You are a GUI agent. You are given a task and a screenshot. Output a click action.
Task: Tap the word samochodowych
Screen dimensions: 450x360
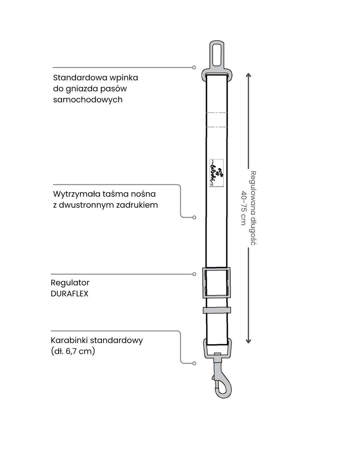pos(88,100)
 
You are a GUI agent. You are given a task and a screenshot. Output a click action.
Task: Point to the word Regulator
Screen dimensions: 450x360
pos(70,283)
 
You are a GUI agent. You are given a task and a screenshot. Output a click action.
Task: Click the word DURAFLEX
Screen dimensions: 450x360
pos(69,294)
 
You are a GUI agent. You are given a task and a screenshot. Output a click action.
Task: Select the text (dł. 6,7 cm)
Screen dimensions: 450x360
pos(73,351)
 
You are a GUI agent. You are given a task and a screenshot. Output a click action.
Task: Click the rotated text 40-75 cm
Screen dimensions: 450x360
pos(244,208)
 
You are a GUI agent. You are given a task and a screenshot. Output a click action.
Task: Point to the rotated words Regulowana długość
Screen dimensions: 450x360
pos(253,208)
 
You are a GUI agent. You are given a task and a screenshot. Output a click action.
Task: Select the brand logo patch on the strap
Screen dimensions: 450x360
pos(216,173)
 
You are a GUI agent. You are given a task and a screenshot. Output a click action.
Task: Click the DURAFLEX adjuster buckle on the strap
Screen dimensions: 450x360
pos(216,282)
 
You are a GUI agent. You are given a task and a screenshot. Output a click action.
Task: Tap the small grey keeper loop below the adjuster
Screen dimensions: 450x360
pos(217,310)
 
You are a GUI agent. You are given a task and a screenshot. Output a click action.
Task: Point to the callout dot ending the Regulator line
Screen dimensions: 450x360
pos(194,274)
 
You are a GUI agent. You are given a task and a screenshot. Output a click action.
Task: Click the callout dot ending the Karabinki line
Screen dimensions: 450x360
pos(194,363)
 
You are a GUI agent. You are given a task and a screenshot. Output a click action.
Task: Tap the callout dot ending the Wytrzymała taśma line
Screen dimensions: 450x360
pos(194,217)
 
